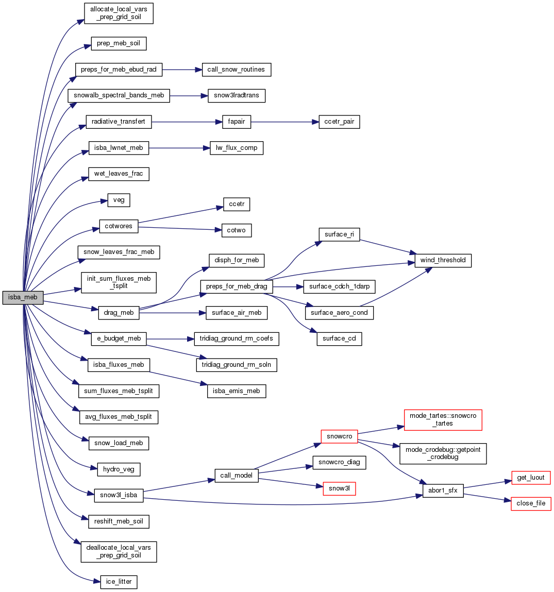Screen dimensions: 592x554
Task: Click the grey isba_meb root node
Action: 23,297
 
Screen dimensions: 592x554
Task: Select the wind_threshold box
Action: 443,260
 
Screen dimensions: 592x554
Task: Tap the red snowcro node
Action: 339,436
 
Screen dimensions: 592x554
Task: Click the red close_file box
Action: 531,503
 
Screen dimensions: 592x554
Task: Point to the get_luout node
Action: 531,478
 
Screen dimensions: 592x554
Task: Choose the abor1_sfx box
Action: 443,490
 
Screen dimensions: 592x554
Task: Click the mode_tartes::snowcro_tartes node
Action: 443,419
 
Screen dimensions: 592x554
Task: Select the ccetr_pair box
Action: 339,122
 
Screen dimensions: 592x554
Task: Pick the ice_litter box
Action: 119,582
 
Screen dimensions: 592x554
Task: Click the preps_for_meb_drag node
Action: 236,286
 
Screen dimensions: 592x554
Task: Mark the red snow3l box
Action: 339,488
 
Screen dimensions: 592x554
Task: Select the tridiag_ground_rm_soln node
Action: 237,365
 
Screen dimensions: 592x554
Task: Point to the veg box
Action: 119,200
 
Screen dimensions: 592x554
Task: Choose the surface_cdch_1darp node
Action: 339,286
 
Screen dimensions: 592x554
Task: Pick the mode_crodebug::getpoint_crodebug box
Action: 443,453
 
